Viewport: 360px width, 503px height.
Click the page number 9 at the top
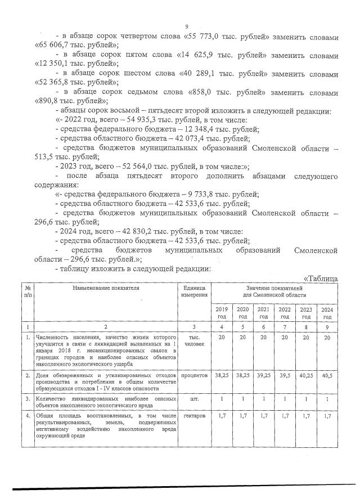pos(186,26)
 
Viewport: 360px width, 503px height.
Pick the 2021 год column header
pos(263,313)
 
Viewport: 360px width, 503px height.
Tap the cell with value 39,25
pos(263,374)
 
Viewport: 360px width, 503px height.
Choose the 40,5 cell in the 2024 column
pos(326,374)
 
